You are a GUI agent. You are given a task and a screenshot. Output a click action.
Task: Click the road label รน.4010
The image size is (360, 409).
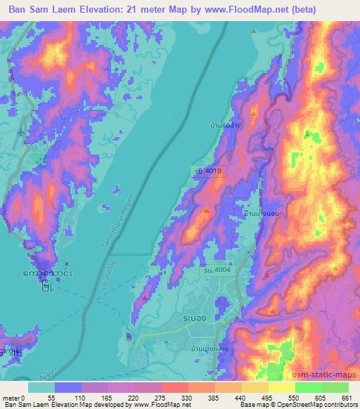[x=209, y=170]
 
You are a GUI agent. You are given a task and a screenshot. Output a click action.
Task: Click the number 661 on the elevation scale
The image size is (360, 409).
[x=345, y=397]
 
